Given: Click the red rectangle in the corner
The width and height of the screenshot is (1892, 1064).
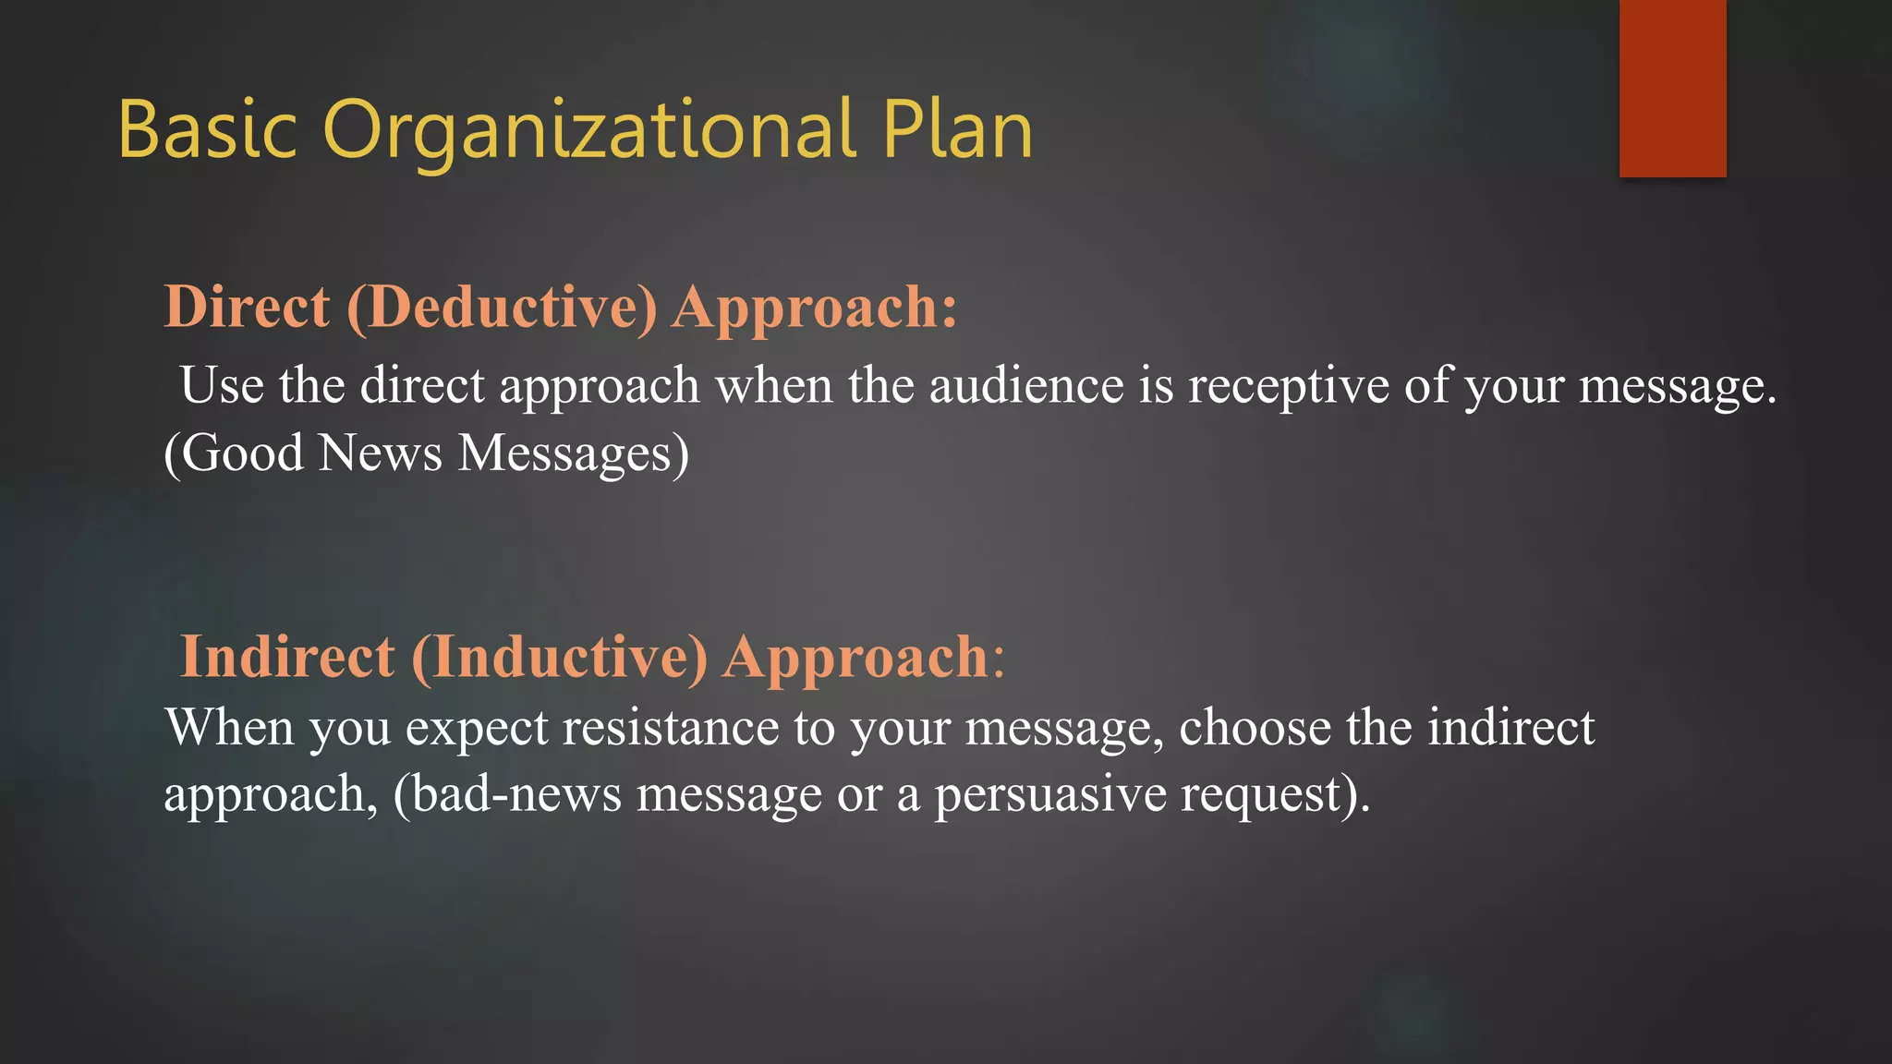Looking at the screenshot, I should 1672,88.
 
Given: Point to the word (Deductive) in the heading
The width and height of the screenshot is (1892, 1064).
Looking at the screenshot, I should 502,307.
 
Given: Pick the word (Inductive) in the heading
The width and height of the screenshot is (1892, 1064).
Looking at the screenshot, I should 559,657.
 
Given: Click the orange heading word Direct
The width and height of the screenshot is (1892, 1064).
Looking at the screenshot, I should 247,307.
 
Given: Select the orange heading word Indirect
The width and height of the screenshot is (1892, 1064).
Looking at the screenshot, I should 287,657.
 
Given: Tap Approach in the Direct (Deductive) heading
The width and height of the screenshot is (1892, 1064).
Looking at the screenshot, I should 814,307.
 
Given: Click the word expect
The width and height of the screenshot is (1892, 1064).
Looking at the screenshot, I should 478,727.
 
